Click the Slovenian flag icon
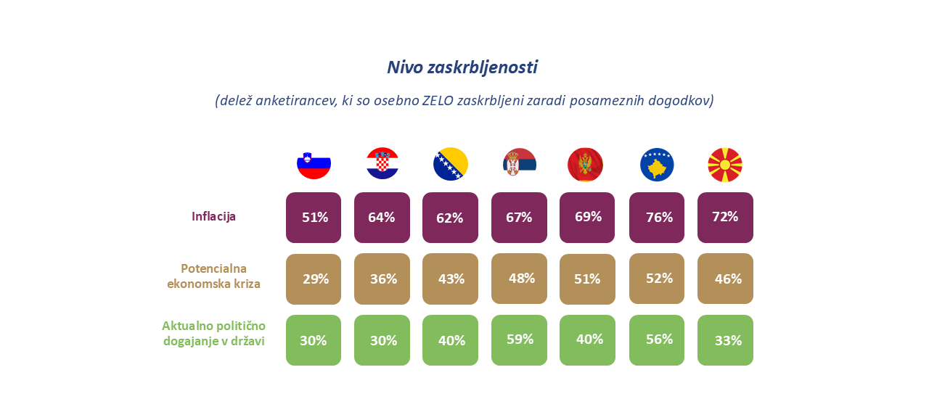point(314,164)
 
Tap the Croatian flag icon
point(382,164)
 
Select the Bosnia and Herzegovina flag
point(450,164)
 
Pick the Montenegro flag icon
point(585,165)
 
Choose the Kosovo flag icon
point(657,165)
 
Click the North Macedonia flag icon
point(724,165)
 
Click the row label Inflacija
point(213,216)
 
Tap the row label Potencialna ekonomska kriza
point(213,276)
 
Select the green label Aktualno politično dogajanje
point(213,333)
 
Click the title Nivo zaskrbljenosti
point(462,67)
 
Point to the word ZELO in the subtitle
point(438,101)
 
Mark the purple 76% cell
point(657,218)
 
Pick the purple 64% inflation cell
point(382,218)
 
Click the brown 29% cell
point(314,279)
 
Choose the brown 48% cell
point(519,278)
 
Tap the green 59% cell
point(519,339)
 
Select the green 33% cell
point(725,340)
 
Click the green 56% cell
point(657,339)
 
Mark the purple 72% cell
point(725,217)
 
